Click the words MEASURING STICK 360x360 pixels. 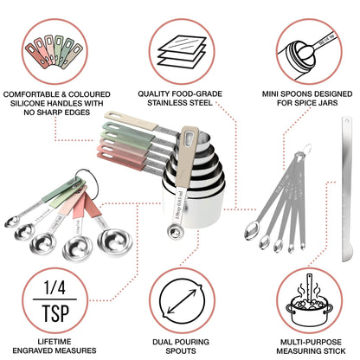click(x=310, y=351)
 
